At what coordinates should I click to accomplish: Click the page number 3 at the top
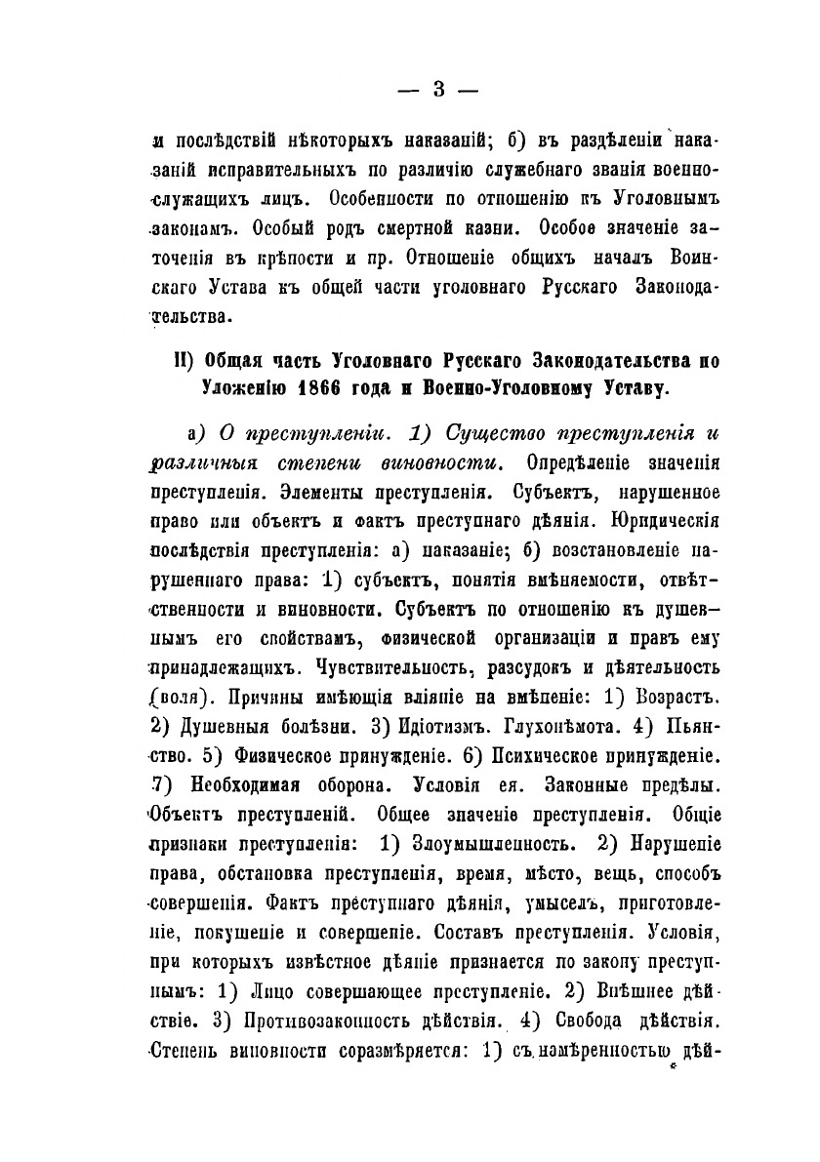(437, 90)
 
